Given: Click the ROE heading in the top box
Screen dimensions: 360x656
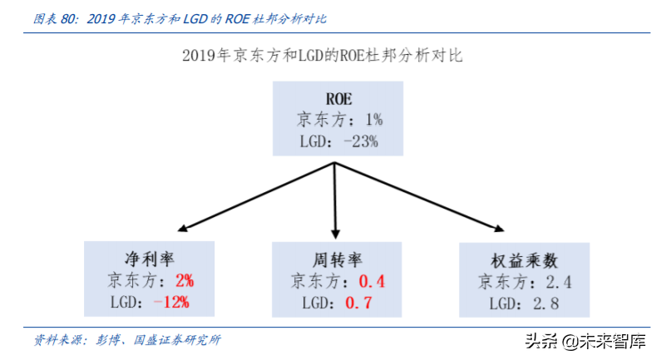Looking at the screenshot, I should pyautogui.click(x=338, y=98).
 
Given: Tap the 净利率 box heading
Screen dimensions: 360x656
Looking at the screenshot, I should pyautogui.click(x=150, y=257).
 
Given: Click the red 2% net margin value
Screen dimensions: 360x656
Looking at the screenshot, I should pyautogui.click(x=184, y=279).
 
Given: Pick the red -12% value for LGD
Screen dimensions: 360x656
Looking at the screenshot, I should pyautogui.click(x=172, y=302).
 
